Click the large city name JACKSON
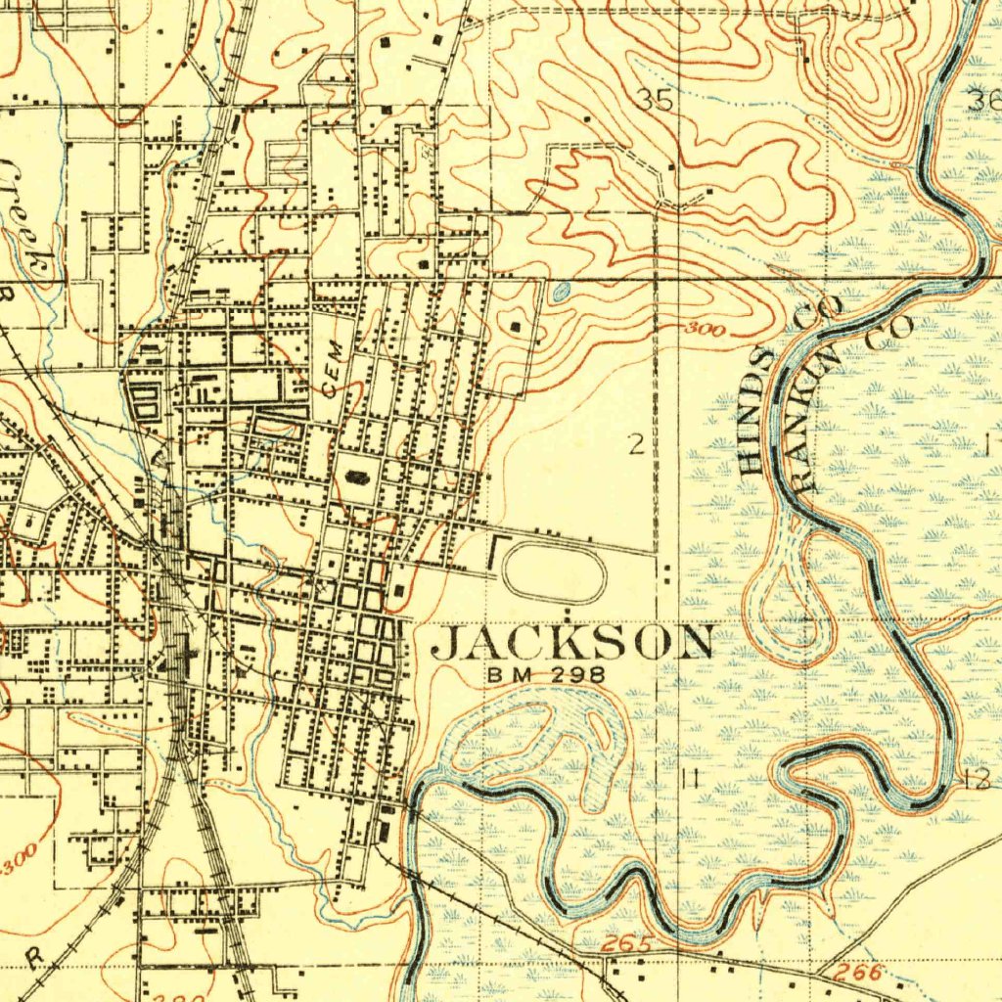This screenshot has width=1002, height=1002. point(572,643)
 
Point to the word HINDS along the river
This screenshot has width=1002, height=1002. point(755,411)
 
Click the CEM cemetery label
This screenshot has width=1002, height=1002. point(333,368)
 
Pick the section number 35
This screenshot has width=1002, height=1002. point(656,99)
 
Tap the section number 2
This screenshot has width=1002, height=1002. point(637,446)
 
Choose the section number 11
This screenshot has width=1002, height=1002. point(690,778)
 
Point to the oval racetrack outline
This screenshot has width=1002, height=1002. point(554,573)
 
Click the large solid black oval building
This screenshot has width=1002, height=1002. point(357,478)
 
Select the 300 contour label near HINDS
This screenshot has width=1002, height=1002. point(705,330)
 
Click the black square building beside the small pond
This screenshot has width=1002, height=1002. point(517,327)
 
